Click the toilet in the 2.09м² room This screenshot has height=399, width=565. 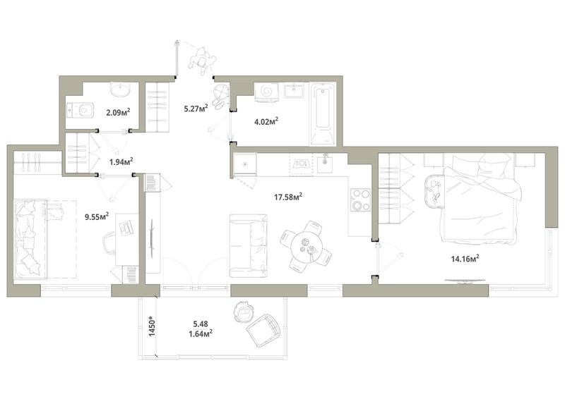point(81,110)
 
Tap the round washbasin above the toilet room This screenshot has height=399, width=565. point(120,90)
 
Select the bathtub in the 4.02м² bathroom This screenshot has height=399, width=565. point(323,114)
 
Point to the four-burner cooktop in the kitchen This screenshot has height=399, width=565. point(361,199)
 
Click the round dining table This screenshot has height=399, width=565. point(307,247)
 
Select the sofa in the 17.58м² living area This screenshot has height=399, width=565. point(249,246)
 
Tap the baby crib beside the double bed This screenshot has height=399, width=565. point(434,190)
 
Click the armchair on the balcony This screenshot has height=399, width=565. point(263,329)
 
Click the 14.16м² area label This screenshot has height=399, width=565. point(465,258)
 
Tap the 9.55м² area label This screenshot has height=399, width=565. point(97,216)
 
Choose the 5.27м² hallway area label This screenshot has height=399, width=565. point(196,108)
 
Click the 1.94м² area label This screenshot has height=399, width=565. point(121,161)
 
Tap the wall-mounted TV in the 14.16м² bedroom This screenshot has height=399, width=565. point(464,281)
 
